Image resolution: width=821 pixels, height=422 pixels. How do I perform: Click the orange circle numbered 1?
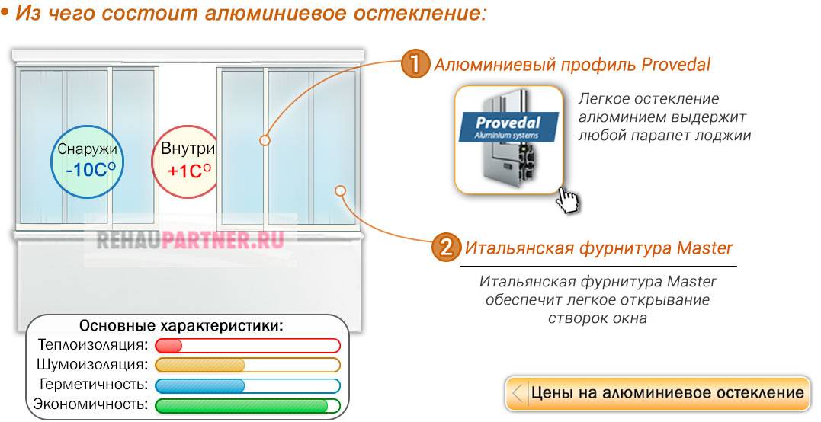tap(415, 64)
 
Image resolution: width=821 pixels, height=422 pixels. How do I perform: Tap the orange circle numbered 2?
tap(447, 248)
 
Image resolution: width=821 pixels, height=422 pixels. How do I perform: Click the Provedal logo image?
tap(508, 140)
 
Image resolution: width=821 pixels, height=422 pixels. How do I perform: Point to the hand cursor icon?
tap(566, 200)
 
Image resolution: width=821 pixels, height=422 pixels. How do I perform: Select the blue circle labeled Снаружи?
tap(87, 159)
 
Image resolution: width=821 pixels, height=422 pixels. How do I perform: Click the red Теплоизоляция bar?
tap(247, 346)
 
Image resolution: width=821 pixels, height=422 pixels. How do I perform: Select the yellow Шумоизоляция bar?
tap(247, 365)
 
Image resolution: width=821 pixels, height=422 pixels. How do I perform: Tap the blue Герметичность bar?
tap(247, 385)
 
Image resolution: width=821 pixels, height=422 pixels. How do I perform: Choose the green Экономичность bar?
tap(247, 404)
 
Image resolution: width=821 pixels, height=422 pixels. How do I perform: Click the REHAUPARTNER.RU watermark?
tap(191, 240)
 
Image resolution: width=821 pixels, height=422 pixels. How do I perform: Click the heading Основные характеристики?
tap(181, 326)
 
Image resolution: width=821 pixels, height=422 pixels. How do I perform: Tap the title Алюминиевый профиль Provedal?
tap(572, 65)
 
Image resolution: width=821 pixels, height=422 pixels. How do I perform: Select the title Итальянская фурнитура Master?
tap(598, 248)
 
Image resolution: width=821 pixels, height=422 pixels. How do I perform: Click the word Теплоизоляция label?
tap(92, 345)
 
